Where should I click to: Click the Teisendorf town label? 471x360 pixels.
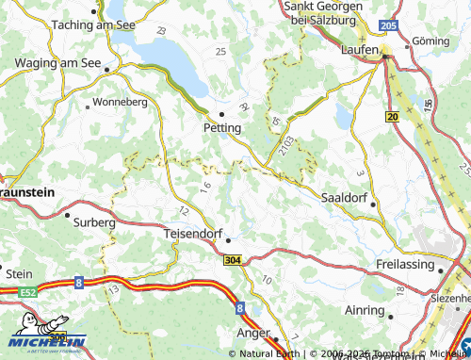coord(197,233)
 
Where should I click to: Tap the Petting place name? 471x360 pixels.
coord(222,127)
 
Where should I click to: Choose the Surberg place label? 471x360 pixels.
coord(94,223)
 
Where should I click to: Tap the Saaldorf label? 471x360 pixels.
coord(346,198)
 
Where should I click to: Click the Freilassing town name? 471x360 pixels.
coord(407,263)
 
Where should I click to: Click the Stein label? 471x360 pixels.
coord(19,273)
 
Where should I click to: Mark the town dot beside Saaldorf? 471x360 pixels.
coord(374,205)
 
